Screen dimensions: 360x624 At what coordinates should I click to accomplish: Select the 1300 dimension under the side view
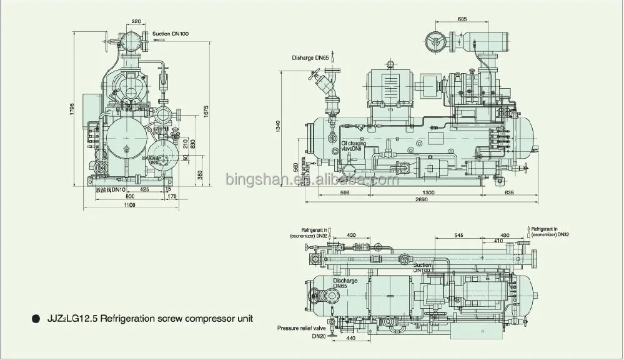pyautogui.click(x=428, y=193)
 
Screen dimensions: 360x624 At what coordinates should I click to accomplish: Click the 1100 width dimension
pyautogui.click(x=129, y=206)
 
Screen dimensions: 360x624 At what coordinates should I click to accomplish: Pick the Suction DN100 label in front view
pyautogui.click(x=170, y=33)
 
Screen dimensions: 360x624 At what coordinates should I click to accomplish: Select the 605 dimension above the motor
pyautogui.click(x=462, y=19)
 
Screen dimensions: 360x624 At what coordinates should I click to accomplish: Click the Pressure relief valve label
pyautogui.click(x=303, y=327)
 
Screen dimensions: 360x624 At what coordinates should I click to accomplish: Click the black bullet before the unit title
pyautogui.click(x=34, y=319)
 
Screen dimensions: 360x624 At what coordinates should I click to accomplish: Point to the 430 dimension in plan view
pyautogui.click(x=350, y=235)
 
